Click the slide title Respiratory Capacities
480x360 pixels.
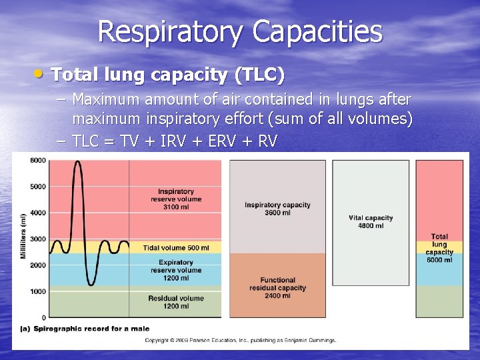pos(240,31)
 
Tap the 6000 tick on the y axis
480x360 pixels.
pos(37,160)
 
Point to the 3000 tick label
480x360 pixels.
pos(37,239)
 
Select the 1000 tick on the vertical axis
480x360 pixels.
pos(37,291)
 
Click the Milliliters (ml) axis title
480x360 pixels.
pos(23,237)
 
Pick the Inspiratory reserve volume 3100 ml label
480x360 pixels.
pos(176,199)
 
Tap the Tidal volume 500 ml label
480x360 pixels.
pos(176,248)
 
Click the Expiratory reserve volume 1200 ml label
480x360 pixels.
pos(176,270)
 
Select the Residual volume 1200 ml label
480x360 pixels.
pos(176,302)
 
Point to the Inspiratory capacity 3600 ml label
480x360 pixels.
pos(277,209)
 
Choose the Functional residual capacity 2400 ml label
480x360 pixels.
pos(277,287)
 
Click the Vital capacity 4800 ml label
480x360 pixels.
pos(371,221)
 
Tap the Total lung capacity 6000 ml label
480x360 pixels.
pos(439,248)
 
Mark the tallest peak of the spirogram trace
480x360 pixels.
pos(78,162)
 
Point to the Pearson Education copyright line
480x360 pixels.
pos(241,340)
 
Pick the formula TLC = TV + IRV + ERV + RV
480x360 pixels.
pos(175,141)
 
